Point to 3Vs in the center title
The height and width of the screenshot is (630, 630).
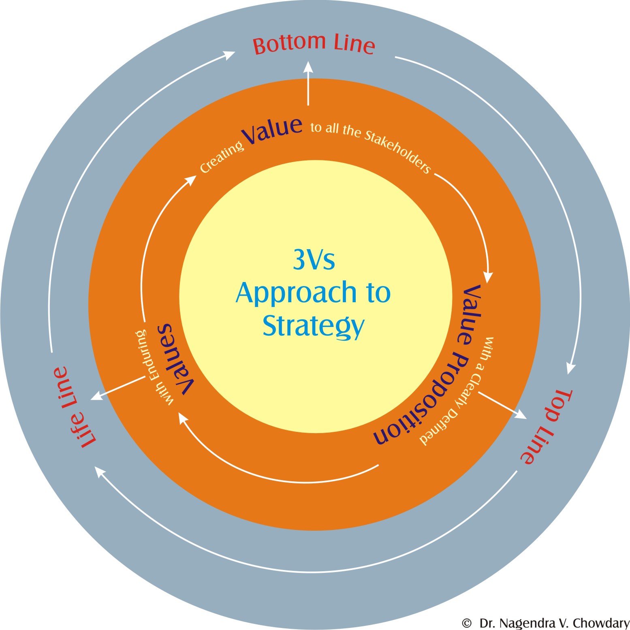[314, 260]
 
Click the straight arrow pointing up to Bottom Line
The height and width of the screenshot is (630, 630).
[308, 83]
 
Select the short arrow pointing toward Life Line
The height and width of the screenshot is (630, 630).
[117, 388]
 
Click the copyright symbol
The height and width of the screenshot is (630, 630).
[467, 623]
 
